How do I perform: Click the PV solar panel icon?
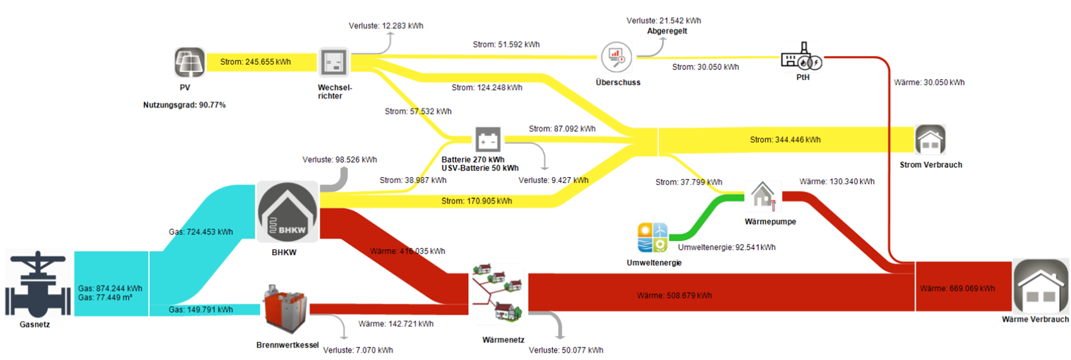click(x=190, y=63)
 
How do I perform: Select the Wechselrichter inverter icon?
click(x=333, y=63)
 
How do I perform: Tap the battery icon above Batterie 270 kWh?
click(x=488, y=140)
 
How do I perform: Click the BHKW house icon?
click(x=287, y=212)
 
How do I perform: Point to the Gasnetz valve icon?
click(x=38, y=284)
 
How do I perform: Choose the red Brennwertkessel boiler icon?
click(x=285, y=309)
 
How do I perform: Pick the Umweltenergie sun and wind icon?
click(x=652, y=238)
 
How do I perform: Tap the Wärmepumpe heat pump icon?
click(x=763, y=196)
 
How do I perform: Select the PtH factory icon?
click(x=801, y=57)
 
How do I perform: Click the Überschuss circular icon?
click(x=616, y=57)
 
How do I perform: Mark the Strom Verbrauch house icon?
click(x=930, y=140)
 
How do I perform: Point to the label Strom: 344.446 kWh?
click(x=785, y=140)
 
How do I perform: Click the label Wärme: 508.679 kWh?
click(x=674, y=295)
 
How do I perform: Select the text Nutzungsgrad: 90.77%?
click(x=184, y=105)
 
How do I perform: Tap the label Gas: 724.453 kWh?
click(x=201, y=232)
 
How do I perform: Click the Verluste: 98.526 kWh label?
click(x=339, y=160)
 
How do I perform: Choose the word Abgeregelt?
click(x=667, y=31)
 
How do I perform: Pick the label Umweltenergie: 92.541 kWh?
click(x=726, y=248)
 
